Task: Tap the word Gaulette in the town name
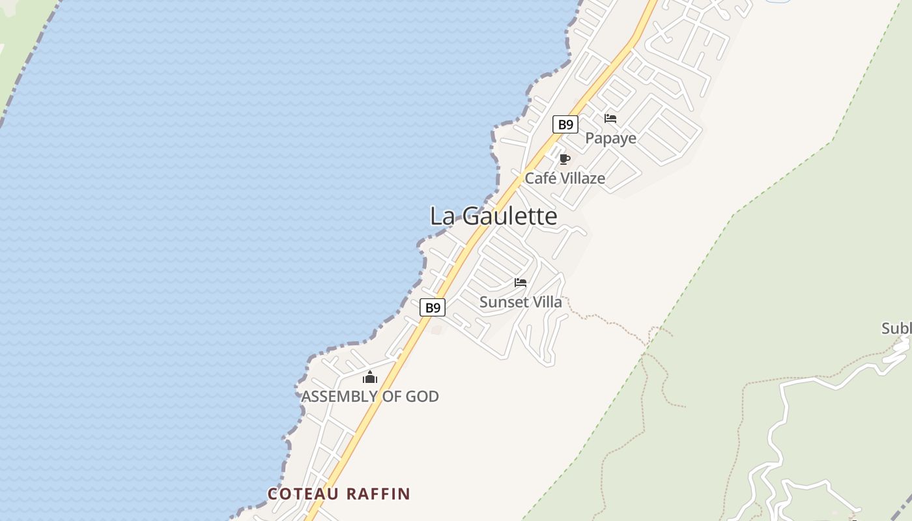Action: pos(509,216)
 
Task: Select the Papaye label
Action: pos(610,138)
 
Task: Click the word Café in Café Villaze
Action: pos(540,178)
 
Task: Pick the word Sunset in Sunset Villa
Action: pos(501,302)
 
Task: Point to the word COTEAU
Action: pos(304,494)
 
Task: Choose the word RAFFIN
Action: pos(378,494)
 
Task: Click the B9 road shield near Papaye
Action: pos(565,124)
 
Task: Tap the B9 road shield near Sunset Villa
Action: pos(432,307)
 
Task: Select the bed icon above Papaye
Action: pos(610,119)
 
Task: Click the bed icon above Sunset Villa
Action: pos(520,283)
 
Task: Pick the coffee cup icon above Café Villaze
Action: pos(565,160)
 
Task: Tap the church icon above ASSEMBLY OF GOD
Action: pos(370,377)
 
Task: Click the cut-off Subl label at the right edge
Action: pos(896,328)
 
